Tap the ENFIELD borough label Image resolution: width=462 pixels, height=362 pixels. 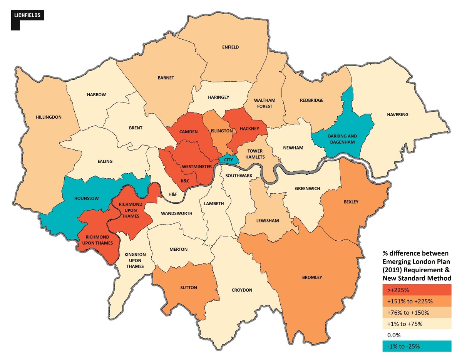point(230,47)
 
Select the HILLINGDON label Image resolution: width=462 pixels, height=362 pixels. point(49,117)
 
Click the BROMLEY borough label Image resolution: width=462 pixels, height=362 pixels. point(312,277)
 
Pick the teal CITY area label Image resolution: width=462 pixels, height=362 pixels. point(228,159)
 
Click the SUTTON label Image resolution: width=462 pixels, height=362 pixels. point(189,288)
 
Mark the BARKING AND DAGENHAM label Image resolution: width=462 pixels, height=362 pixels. point(342,139)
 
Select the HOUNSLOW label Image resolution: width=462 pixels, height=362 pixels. point(87,198)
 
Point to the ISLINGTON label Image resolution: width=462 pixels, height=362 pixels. point(222,131)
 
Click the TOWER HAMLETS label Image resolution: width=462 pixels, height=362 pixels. point(256,154)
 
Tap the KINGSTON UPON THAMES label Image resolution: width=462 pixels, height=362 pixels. point(135,260)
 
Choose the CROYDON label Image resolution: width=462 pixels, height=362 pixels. point(242,290)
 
